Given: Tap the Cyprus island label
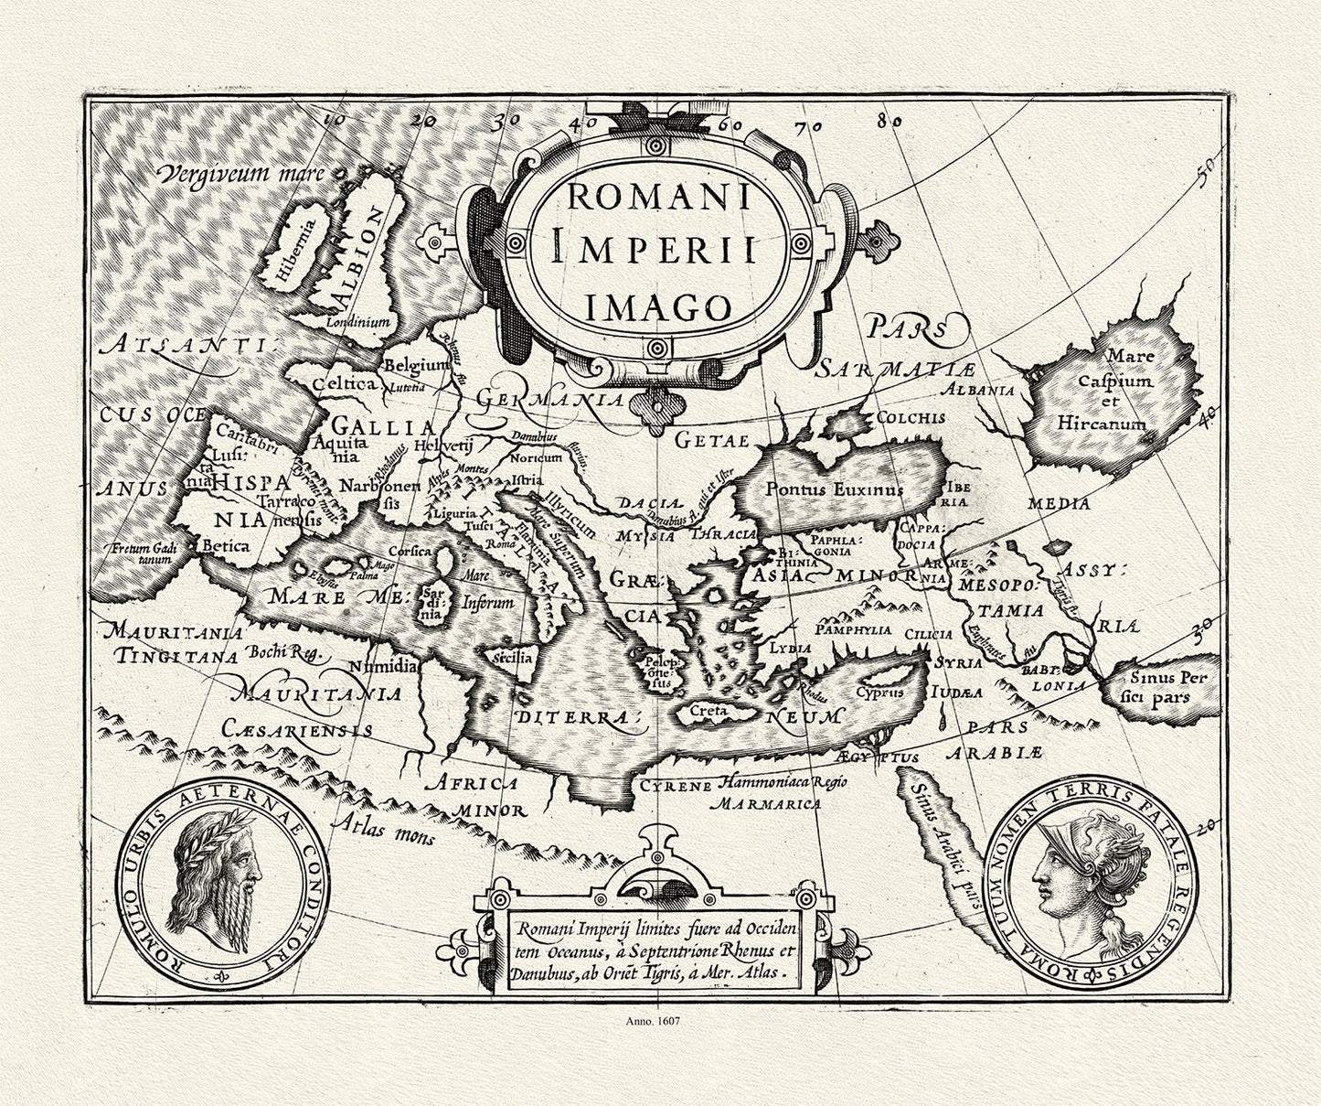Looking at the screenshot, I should [880, 692].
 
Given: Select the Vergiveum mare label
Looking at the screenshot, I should [240, 172].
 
